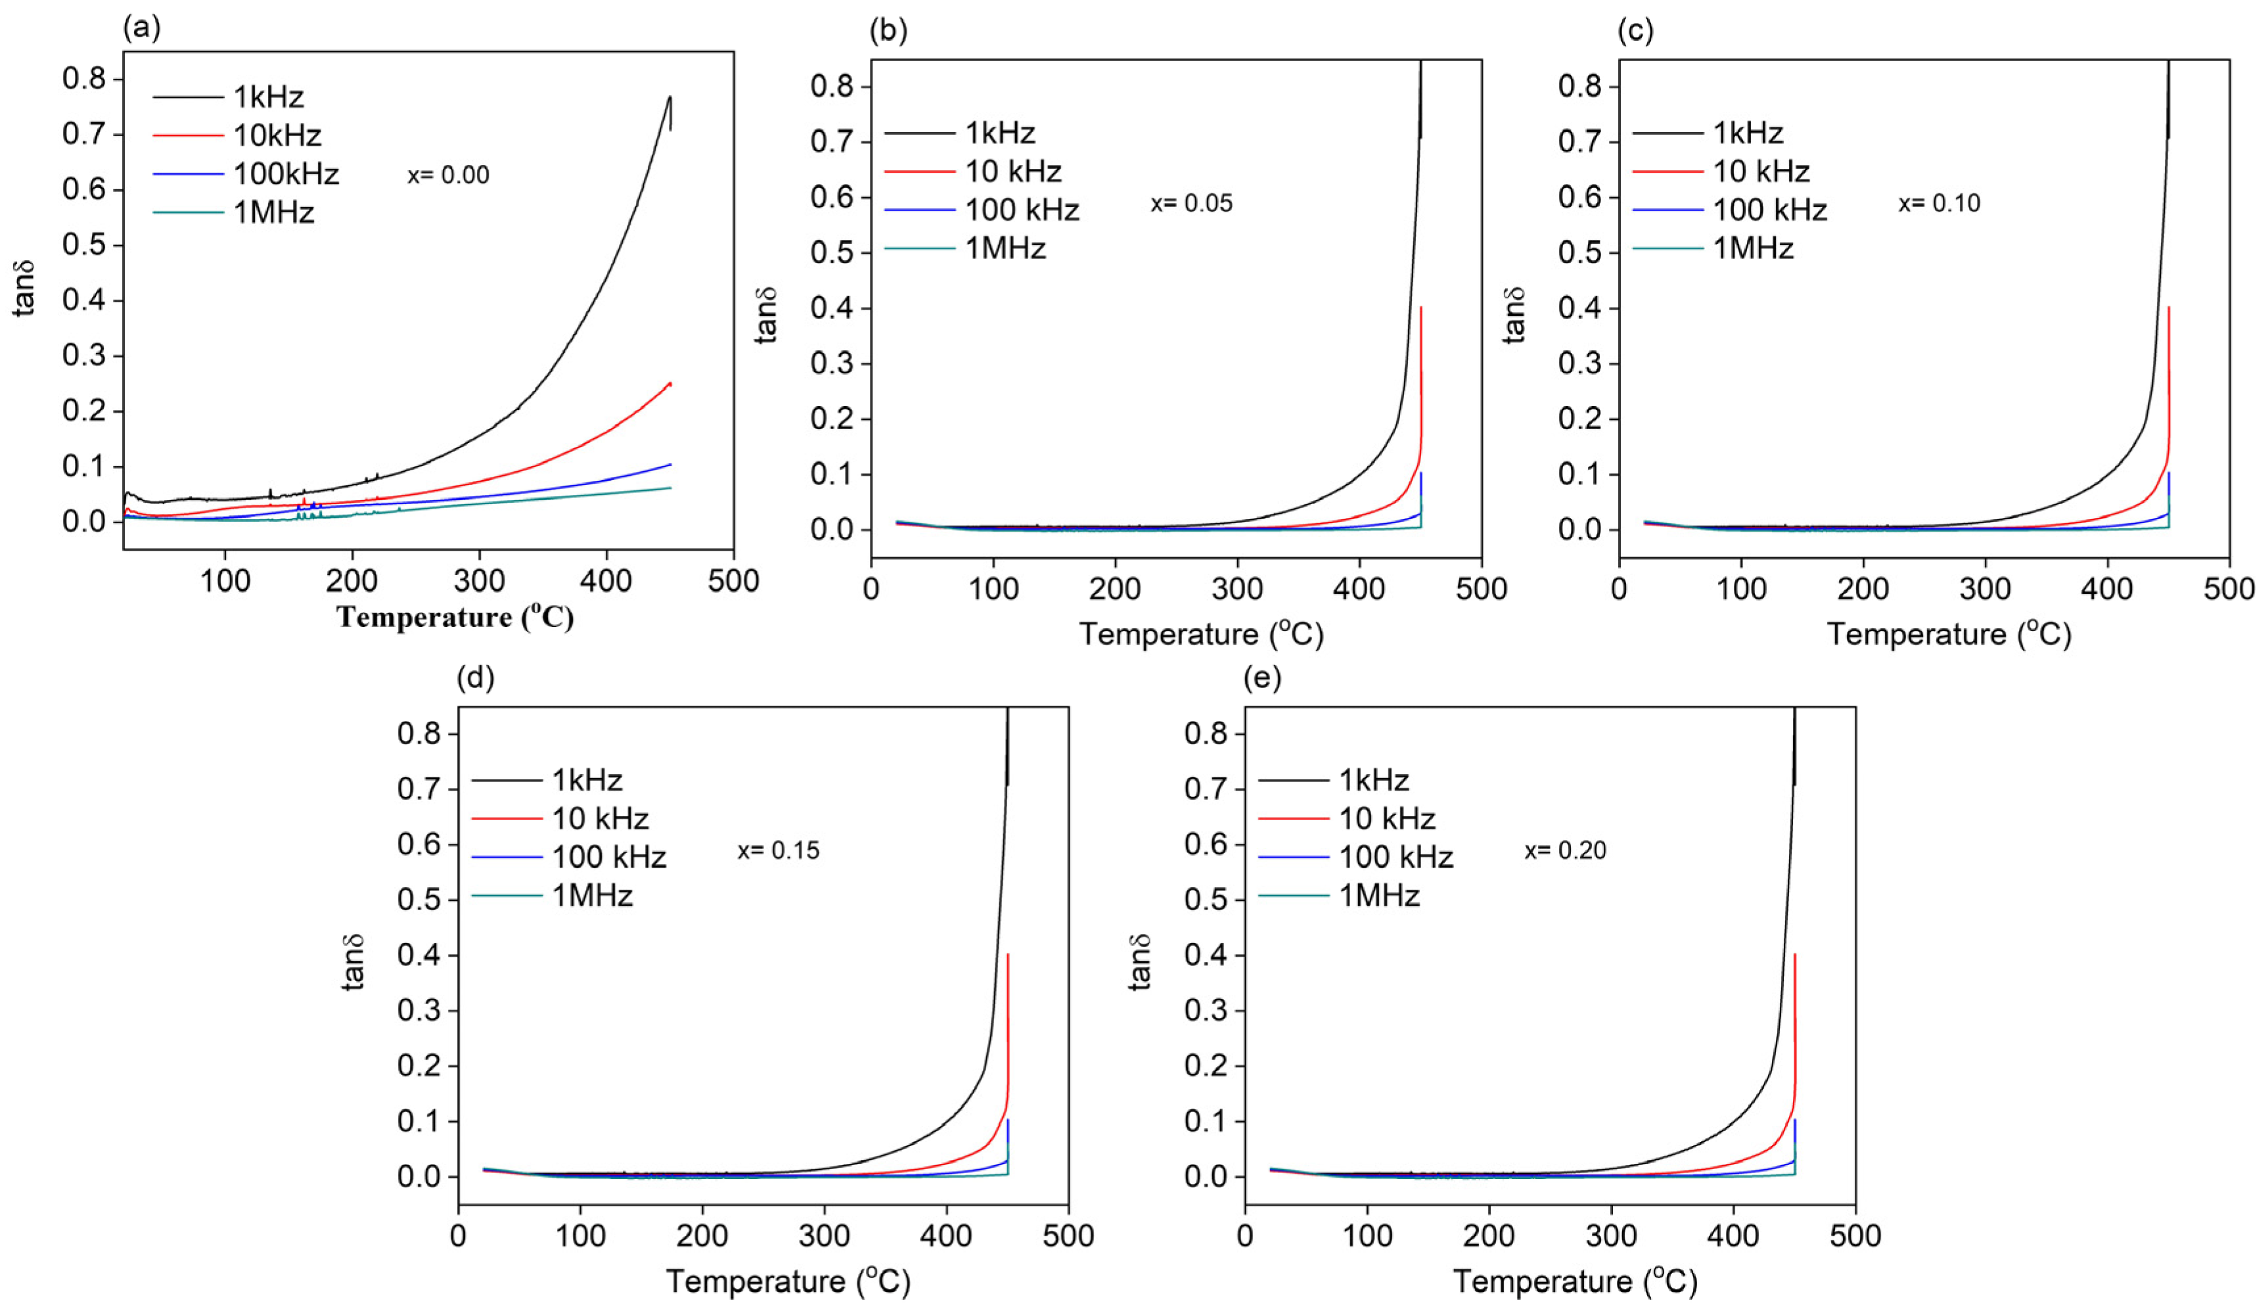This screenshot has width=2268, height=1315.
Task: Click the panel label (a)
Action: (x=141, y=29)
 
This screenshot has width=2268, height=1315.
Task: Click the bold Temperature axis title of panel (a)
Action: (x=455, y=618)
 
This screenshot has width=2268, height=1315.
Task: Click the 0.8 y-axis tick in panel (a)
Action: (x=83, y=80)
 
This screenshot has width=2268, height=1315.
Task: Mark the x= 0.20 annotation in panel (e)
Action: (x=1564, y=850)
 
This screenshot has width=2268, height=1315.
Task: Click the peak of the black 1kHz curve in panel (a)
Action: (x=669, y=97)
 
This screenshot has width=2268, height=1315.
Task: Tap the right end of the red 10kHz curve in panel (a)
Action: (x=671, y=383)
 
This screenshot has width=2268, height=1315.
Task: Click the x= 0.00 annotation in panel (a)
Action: (x=448, y=175)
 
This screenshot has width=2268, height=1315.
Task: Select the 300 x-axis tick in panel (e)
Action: (x=1610, y=1235)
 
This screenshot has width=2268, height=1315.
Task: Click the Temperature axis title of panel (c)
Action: (x=1949, y=635)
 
